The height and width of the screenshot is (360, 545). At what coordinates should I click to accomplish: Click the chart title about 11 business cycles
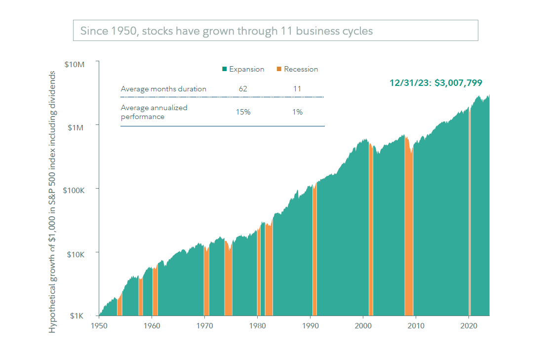click(x=226, y=31)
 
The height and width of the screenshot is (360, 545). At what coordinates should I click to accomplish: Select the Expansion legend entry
click(x=243, y=69)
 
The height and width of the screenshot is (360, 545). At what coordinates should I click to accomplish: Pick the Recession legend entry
click(x=297, y=69)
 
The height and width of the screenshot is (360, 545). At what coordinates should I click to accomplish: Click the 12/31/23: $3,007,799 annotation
click(x=435, y=83)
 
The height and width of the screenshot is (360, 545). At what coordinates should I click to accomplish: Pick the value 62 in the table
click(x=242, y=89)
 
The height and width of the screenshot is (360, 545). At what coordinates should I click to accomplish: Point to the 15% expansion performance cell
click(x=243, y=112)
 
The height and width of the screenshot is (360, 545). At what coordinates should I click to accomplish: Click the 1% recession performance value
click(x=297, y=112)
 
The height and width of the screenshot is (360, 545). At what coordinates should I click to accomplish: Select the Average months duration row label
click(x=163, y=89)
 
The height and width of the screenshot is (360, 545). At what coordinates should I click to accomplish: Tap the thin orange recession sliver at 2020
click(x=469, y=222)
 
